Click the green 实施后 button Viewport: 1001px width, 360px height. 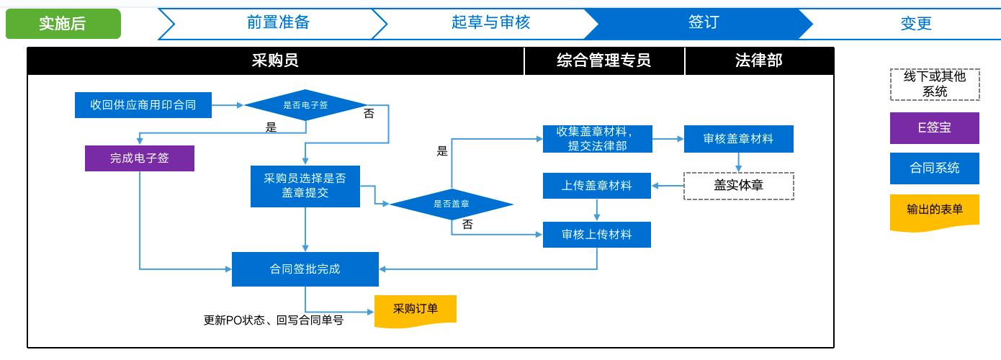pyautogui.click(x=63, y=24)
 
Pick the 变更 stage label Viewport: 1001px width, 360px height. pyautogui.click(x=916, y=23)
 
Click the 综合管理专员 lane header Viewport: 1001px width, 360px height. pyautogui.click(x=604, y=60)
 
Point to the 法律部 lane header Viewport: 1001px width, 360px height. pyautogui.click(x=759, y=60)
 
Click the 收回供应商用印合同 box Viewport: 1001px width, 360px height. pyautogui.click(x=143, y=105)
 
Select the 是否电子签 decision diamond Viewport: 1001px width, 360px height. pyautogui.click(x=305, y=105)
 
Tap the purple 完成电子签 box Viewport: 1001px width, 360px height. pyautogui.click(x=140, y=158)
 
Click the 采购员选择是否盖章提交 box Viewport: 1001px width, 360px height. pyautogui.click(x=305, y=186)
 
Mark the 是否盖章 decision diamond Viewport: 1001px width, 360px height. pyautogui.click(x=452, y=204)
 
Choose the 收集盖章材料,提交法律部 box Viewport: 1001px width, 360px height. pyautogui.click(x=598, y=139)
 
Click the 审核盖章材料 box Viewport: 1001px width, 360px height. pyautogui.click(x=739, y=139)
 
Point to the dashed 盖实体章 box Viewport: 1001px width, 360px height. pyautogui.click(x=739, y=186)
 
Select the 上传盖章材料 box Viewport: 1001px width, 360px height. pyautogui.click(x=597, y=185)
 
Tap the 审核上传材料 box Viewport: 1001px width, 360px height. pyautogui.click(x=597, y=235)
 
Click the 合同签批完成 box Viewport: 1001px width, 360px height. pyautogui.click(x=305, y=269)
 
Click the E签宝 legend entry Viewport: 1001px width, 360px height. pyautogui.click(x=935, y=127)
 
